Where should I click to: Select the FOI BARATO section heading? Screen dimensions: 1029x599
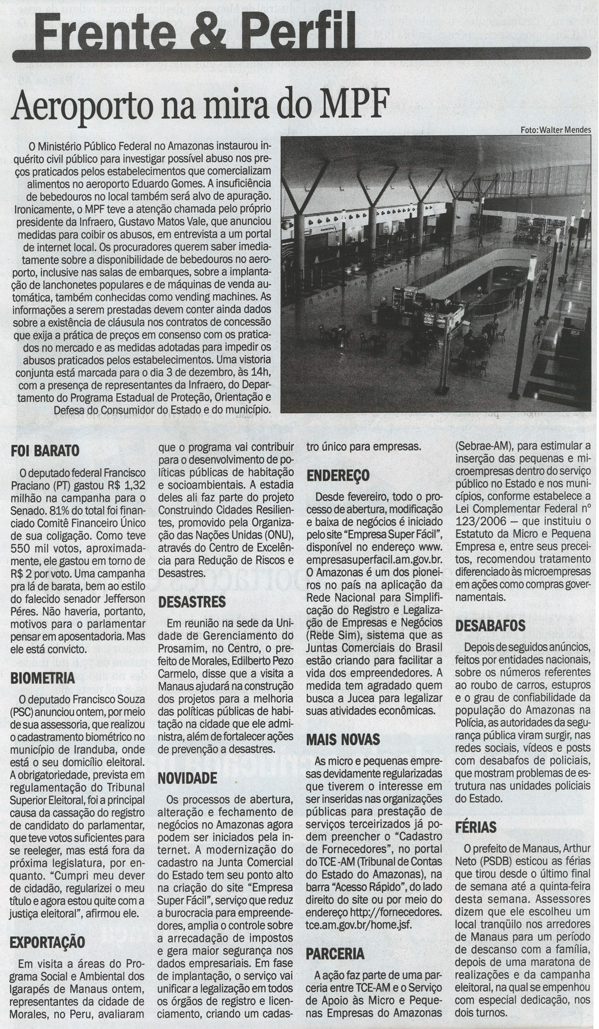tap(45, 451)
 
